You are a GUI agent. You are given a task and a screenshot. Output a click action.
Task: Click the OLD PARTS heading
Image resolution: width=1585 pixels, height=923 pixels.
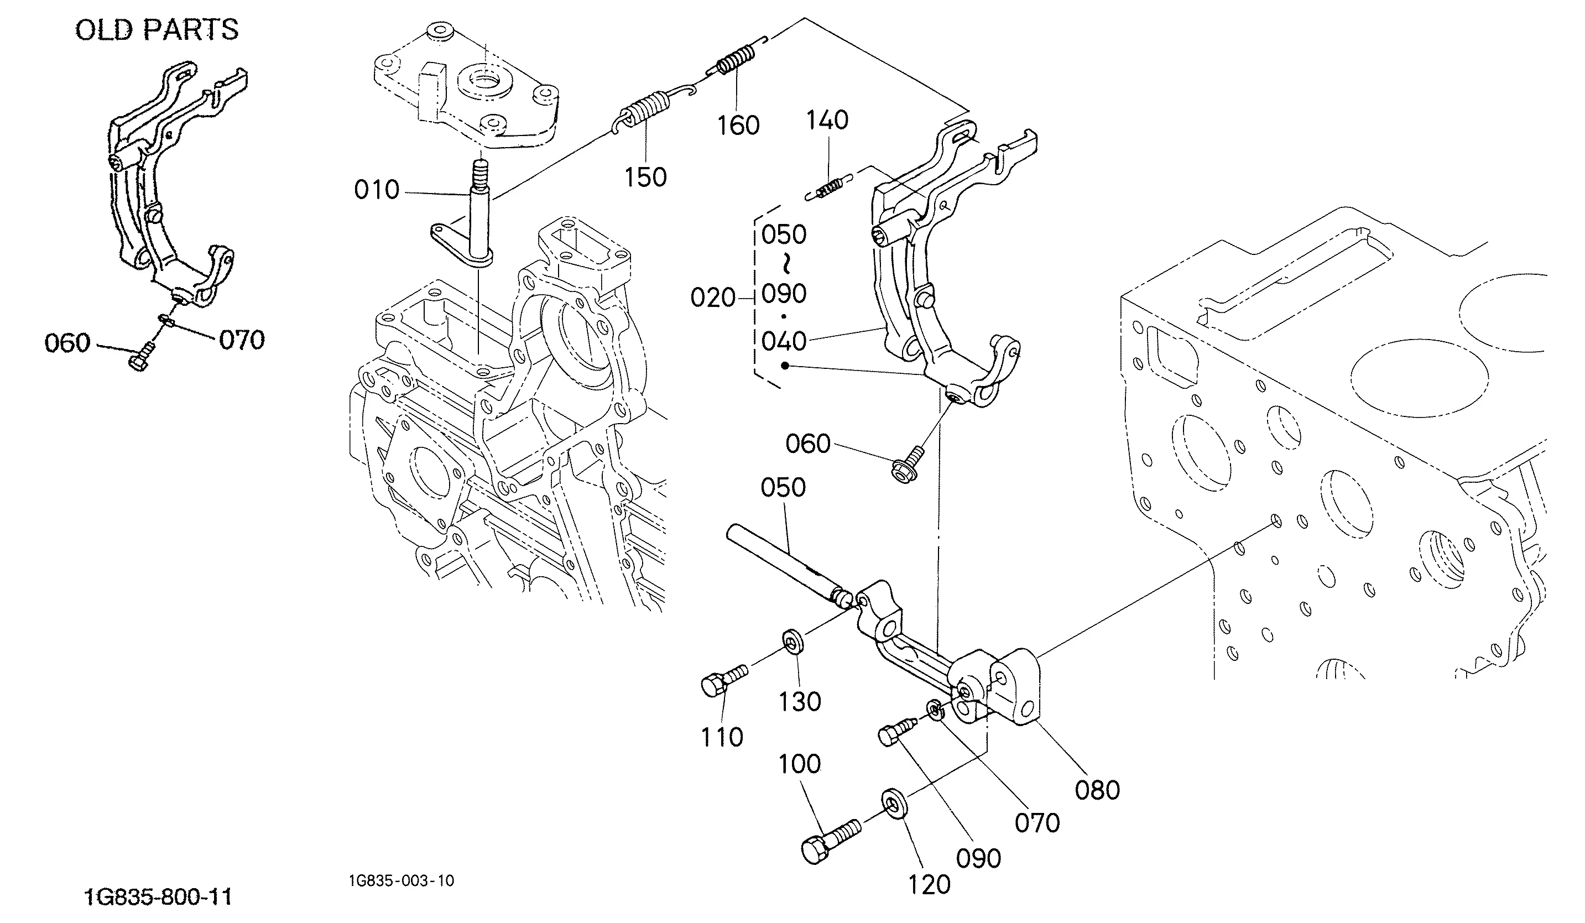(157, 29)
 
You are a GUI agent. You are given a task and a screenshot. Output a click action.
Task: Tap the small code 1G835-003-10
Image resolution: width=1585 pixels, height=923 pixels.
(402, 880)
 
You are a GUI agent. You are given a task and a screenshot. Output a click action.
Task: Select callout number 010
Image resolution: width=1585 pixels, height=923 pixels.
(377, 189)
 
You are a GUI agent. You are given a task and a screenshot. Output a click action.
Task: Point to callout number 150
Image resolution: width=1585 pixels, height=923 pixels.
(645, 178)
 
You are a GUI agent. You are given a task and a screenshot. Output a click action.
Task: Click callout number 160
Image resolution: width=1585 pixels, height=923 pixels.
(738, 125)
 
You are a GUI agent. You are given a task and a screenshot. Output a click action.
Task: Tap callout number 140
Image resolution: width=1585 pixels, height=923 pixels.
(828, 119)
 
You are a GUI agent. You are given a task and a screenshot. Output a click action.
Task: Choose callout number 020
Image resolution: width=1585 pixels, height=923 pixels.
(713, 298)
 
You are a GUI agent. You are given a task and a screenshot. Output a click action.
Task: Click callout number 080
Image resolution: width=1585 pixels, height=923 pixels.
(1098, 790)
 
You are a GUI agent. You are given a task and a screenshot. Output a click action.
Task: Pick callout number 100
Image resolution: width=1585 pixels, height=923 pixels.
(800, 764)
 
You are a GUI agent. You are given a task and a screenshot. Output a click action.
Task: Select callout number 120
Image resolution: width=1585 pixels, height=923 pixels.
(929, 885)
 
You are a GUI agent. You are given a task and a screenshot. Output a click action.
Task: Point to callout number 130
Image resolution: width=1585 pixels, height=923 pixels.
(800, 702)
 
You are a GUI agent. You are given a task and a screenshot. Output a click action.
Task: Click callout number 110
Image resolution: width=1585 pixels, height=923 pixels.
(722, 737)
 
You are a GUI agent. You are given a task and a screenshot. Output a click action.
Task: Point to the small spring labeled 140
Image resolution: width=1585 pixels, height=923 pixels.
(828, 188)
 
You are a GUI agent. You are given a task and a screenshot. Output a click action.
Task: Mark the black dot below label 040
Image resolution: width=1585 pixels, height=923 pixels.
(784, 366)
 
